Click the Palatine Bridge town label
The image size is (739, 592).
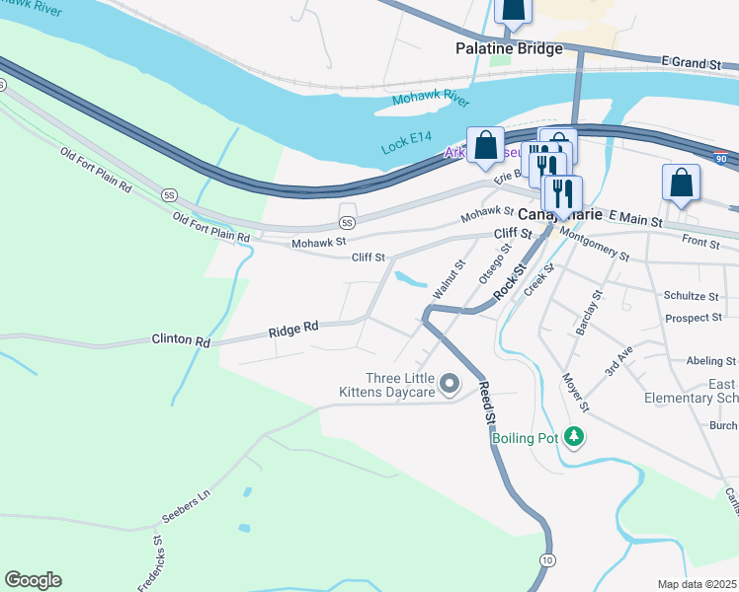tap(509, 48)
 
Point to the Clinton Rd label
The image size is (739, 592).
tap(181, 341)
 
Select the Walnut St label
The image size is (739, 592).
tap(448, 281)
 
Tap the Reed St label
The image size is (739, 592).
tap(486, 404)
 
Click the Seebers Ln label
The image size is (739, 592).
tap(187, 509)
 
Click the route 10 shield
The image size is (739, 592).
tap(546, 559)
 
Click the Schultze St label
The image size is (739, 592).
tap(691, 296)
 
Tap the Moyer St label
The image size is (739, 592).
tap(575, 392)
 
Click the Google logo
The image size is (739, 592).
tap(34, 580)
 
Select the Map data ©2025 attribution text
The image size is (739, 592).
tap(697, 584)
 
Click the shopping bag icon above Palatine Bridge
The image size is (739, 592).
tap(514, 10)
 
